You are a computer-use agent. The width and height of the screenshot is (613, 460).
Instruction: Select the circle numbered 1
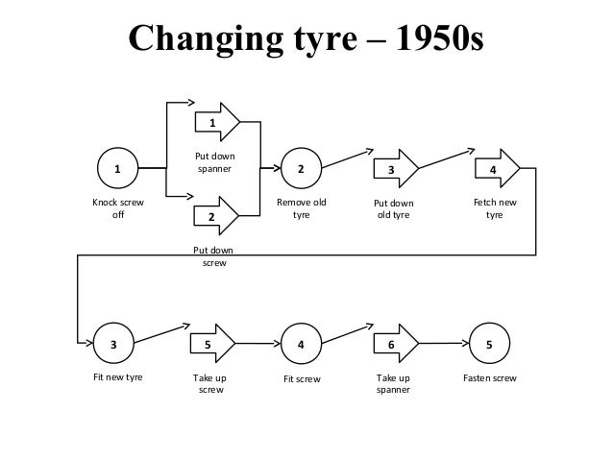click(118, 170)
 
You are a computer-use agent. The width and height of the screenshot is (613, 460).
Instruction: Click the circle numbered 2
click(301, 170)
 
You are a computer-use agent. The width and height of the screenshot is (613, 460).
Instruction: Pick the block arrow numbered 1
click(215, 122)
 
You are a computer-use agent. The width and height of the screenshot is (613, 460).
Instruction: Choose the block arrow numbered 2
click(215, 216)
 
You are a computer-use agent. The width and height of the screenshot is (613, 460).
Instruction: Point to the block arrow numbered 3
click(394, 169)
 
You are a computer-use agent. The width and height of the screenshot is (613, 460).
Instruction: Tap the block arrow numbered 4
click(496, 169)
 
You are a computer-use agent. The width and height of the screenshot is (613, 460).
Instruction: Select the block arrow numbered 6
click(394, 343)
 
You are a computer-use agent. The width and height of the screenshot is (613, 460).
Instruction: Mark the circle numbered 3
click(114, 343)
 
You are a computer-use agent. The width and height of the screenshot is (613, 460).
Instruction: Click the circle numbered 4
click(301, 343)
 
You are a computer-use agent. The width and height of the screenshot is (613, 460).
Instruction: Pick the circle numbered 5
click(489, 343)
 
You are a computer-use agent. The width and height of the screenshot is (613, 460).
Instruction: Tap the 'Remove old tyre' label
click(301, 209)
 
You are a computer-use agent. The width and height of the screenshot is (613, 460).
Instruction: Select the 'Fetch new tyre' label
click(495, 209)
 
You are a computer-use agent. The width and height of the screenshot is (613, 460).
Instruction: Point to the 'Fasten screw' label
click(489, 378)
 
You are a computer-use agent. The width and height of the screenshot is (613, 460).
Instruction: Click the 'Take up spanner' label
click(393, 384)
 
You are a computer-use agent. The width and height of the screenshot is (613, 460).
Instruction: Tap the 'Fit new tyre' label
click(117, 378)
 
